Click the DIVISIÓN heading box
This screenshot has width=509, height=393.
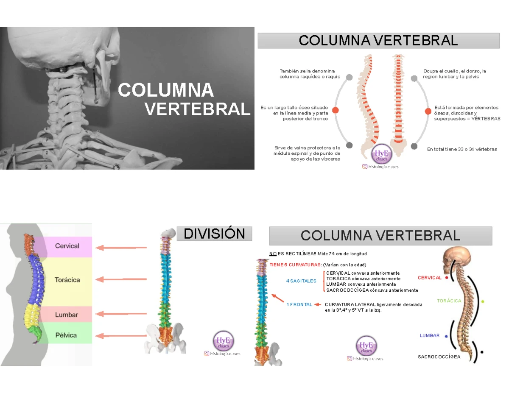pyautogui.click(x=215, y=234)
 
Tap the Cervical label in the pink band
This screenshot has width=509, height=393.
pyautogui.click(x=67, y=246)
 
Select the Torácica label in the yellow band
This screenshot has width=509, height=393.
pyautogui.click(x=67, y=280)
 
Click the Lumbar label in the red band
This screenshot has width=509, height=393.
pyautogui.click(x=67, y=315)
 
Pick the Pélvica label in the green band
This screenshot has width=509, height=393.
pyautogui.click(x=66, y=335)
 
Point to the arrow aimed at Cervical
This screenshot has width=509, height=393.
pyautogui.click(x=121, y=248)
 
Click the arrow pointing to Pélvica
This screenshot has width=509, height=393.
pyautogui.click(x=121, y=336)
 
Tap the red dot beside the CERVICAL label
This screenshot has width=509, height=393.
pyautogui.click(x=446, y=278)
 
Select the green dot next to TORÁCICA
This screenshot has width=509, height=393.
pyautogui.click(x=483, y=301)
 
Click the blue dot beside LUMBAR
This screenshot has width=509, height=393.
pyautogui.click(x=446, y=336)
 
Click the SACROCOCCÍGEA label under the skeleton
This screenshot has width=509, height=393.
pyautogui.click(x=439, y=357)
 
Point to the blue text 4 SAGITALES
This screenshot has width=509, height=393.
pyautogui.click(x=301, y=281)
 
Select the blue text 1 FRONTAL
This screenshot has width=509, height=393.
pyautogui.click(x=299, y=304)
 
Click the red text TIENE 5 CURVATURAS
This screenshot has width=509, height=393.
pyautogui.click(x=296, y=265)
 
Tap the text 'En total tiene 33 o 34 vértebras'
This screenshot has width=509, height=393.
pyautogui.click(x=462, y=150)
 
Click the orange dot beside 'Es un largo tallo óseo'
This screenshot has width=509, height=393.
pyautogui.click(x=336, y=110)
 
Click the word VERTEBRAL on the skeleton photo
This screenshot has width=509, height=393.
pyautogui.click(x=197, y=109)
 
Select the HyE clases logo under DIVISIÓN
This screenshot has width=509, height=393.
pyautogui.click(x=223, y=342)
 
